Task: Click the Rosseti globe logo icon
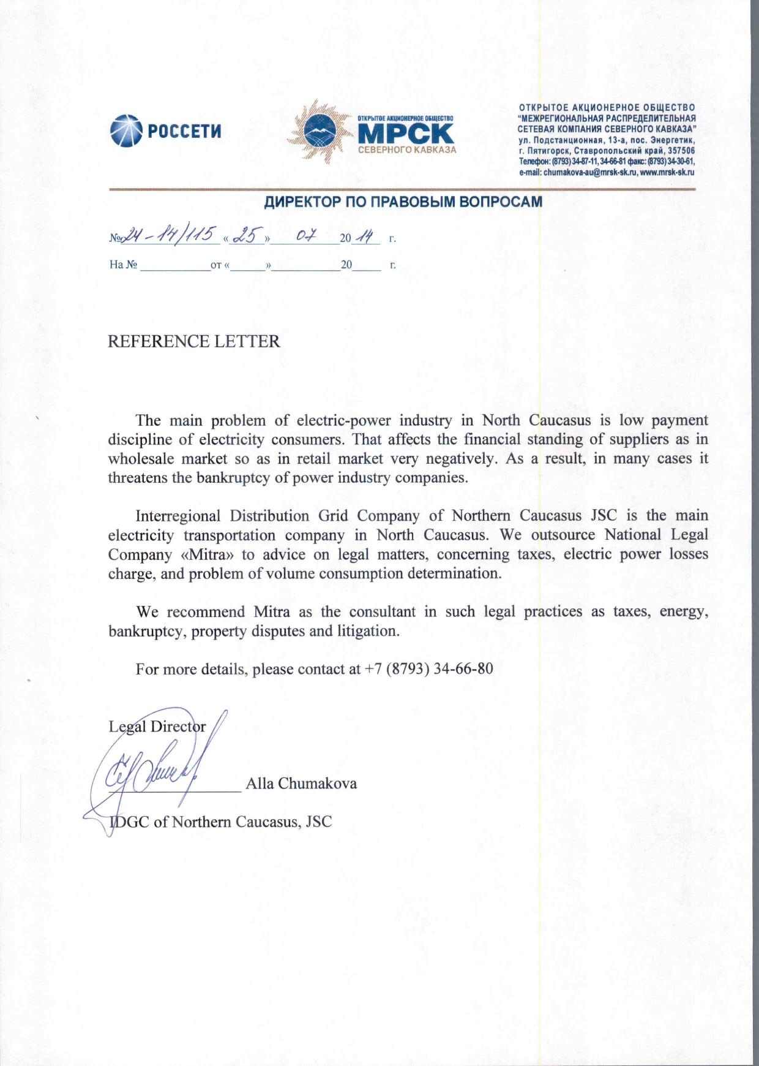pyautogui.click(x=125, y=130)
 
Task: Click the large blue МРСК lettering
pyautogui.click(x=406, y=133)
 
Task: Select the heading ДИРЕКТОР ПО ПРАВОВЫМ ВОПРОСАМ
pyautogui.click(x=403, y=202)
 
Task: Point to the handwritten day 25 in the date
pyautogui.click(x=247, y=236)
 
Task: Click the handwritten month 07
pyautogui.click(x=305, y=236)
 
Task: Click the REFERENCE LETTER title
pyautogui.click(x=194, y=341)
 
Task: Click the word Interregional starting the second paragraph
pyautogui.click(x=178, y=516)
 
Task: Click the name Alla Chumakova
pyautogui.click(x=301, y=784)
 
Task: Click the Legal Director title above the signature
pyautogui.click(x=157, y=727)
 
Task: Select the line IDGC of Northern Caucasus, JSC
pyautogui.click(x=220, y=822)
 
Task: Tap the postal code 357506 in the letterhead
pyautogui.click(x=679, y=150)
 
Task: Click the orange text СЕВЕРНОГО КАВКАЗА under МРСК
pyautogui.click(x=406, y=150)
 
